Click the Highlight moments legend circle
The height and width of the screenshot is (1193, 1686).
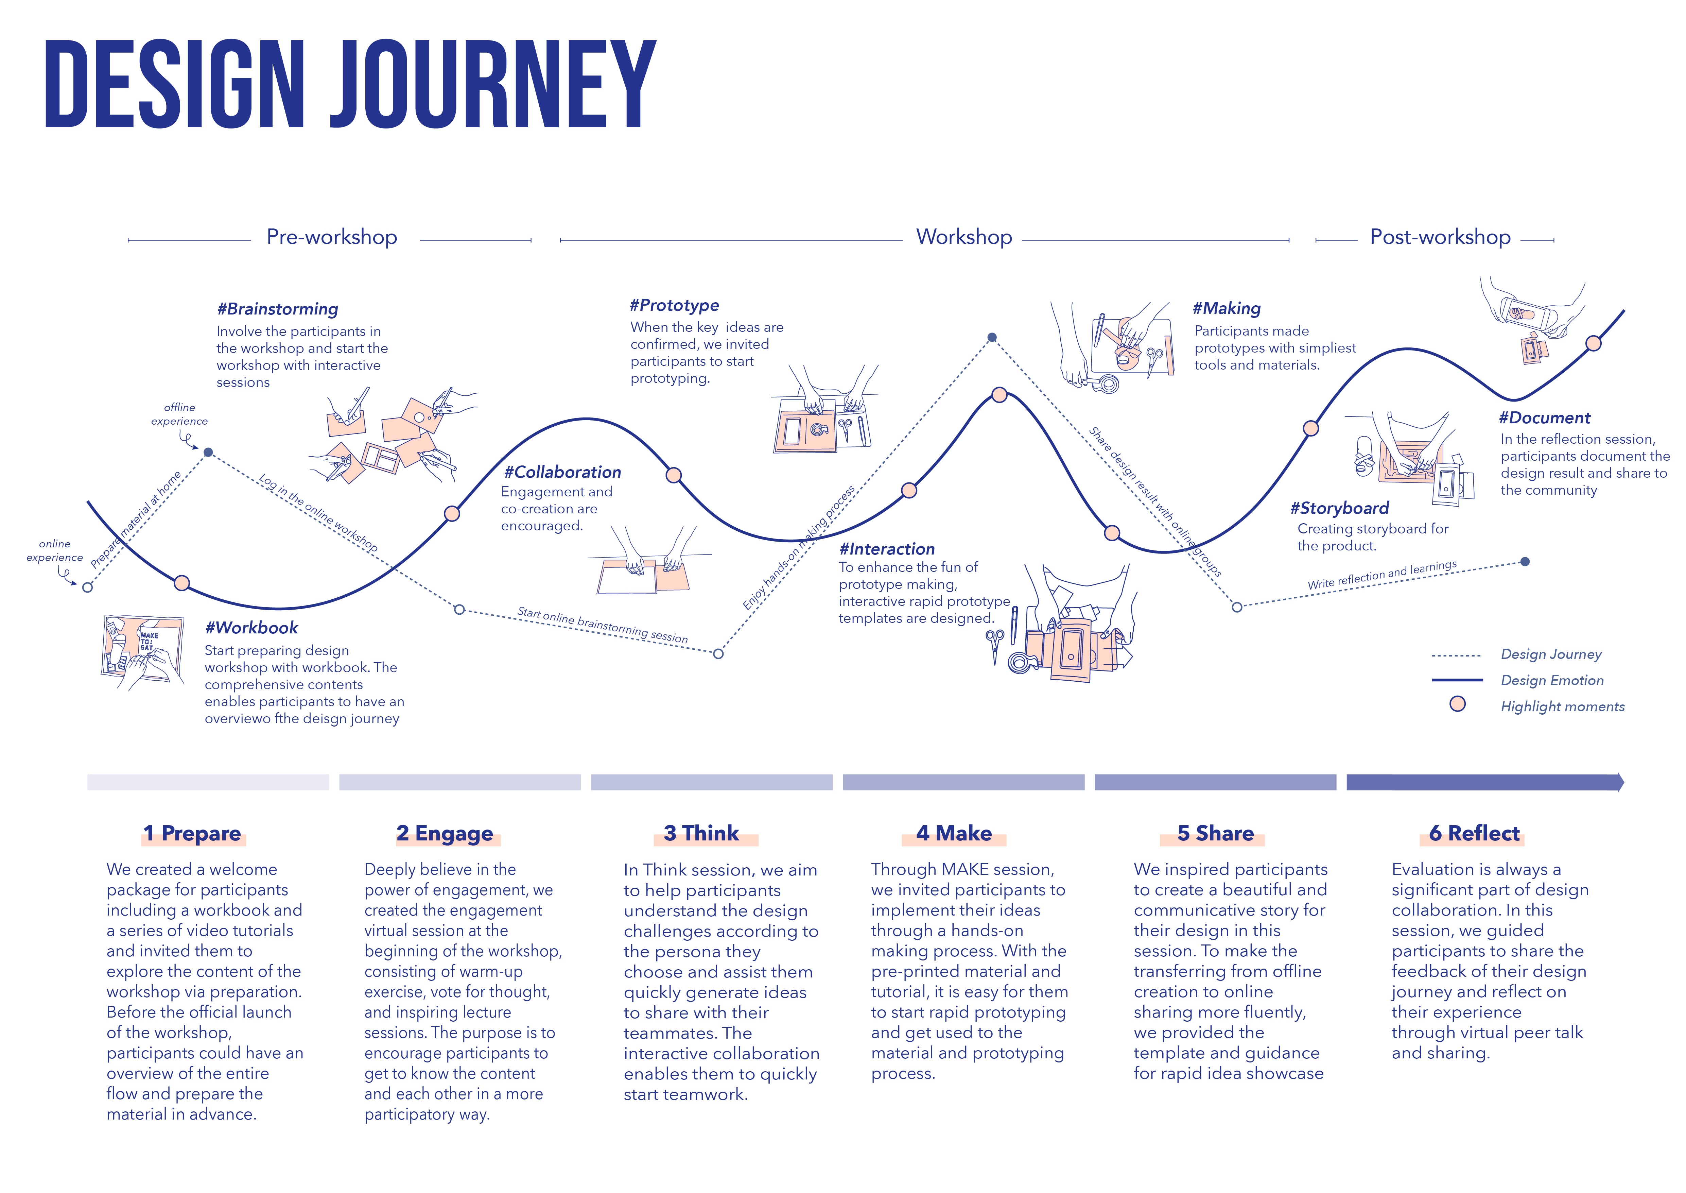click(x=1458, y=704)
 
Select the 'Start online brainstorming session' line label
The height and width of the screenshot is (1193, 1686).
click(x=602, y=625)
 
